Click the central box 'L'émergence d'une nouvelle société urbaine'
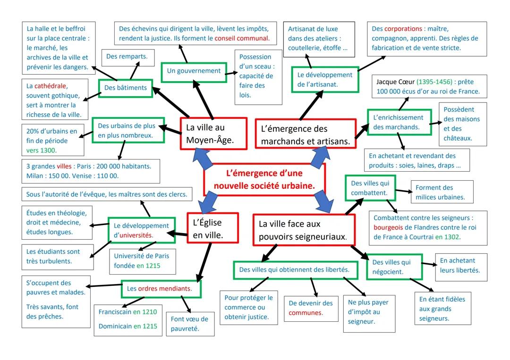coord(264,179)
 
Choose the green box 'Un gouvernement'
coord(194,71)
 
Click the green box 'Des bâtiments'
coord(126,88)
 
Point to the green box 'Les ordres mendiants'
coord(161,288)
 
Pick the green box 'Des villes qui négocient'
coord(391,267)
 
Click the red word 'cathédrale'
coord(51,86)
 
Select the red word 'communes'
coord(305,313)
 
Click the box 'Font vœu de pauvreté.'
coord(190,323)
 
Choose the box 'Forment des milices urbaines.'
coord(442,193)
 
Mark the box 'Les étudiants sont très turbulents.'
coord(54,256)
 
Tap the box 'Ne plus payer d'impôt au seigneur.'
coord(367,312)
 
